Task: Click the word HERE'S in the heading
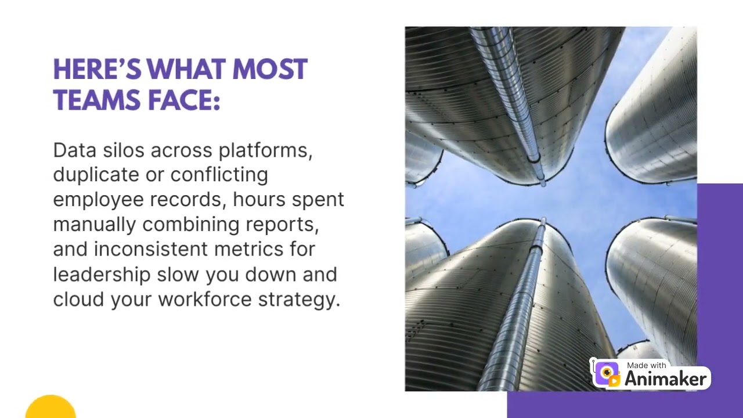96,70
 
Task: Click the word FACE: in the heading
185,100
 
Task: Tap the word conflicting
219,175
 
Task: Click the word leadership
102,274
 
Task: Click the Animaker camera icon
607,373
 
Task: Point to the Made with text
647,366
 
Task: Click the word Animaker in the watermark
666,379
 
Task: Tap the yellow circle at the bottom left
51,408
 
